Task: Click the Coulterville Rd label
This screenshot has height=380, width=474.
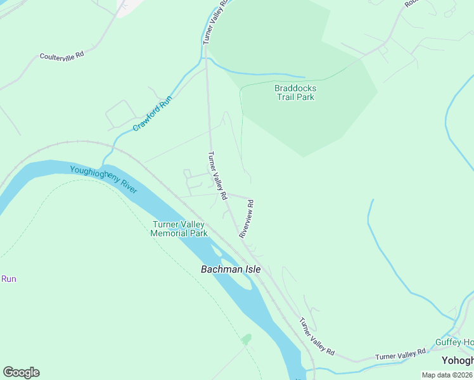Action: pyautogui.click(x=61, y=56)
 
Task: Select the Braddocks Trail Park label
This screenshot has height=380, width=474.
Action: pyautogui.click(x=295, y=92)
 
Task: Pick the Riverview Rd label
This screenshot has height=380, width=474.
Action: pyautogui.click(x=247, y=219)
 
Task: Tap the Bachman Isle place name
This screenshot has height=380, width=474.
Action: pyautogui.click(x=231, y=269)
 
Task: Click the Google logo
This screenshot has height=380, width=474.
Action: pyautogui.click(x=21, y=372)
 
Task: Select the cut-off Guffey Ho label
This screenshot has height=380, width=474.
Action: pyautogui.click(x=454, y=343)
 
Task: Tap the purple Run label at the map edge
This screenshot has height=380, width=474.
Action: pyautogui.click(x=8, y=279)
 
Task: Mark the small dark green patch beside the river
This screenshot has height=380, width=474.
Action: pyautogui.click(x=246, y=339)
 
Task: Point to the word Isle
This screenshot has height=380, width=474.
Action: pyautogui.click(x=249, y=269)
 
